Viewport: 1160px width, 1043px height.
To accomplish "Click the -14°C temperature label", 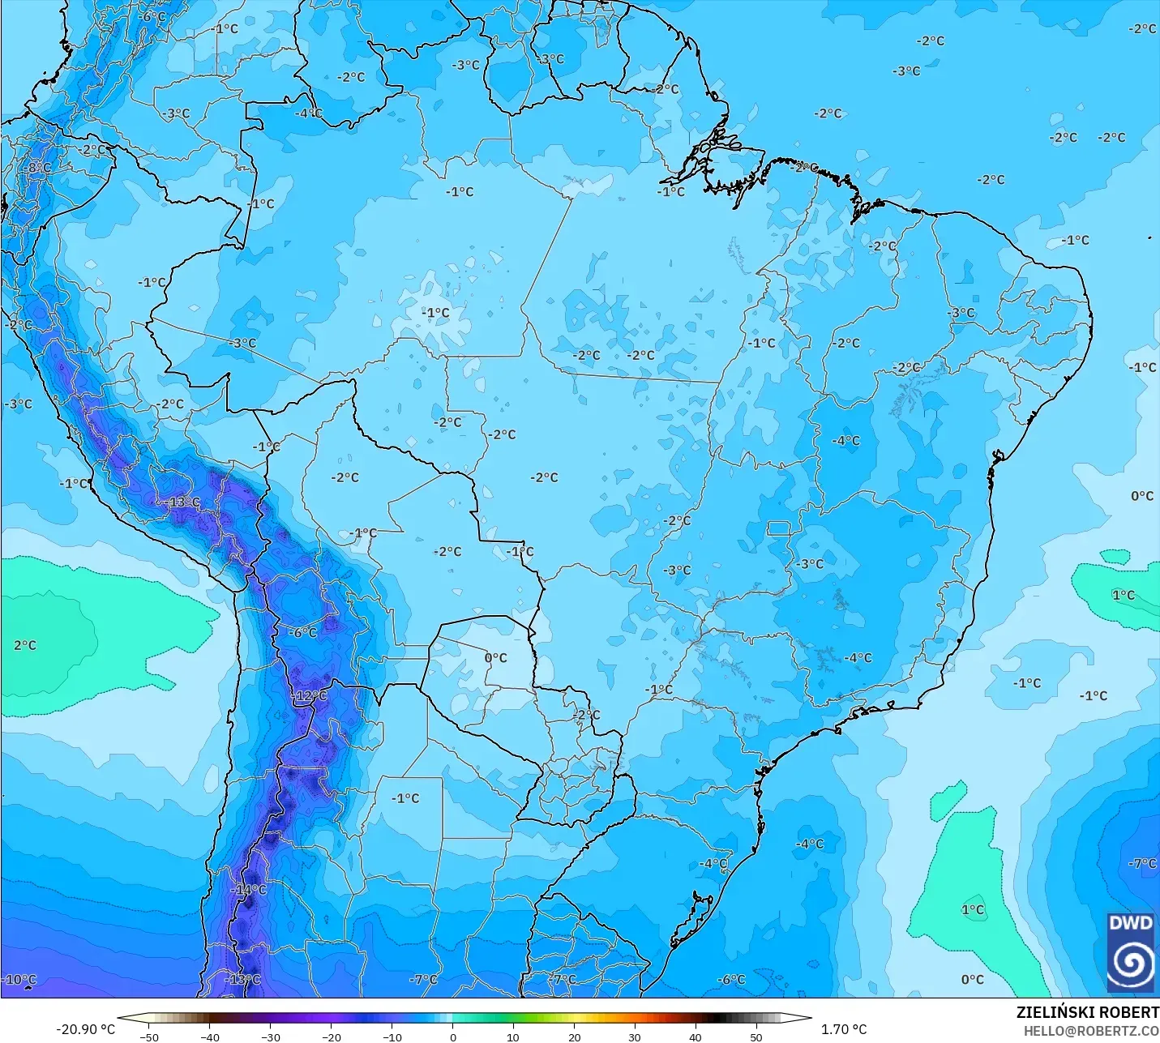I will pyautogui.click(x=249, y=889).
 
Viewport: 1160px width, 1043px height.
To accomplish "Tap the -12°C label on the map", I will pyautogui.click(x=310, y=696).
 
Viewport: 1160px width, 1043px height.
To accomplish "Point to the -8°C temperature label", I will pyautogui.click(x=37, y=168).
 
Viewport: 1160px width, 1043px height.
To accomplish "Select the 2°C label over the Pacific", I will pyautogui.click(x=25, y=645).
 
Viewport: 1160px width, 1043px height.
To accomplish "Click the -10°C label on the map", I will pyautogui.click(x=19, y=979).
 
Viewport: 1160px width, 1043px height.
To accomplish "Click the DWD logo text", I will pyautogui.click(x=1130, y=923).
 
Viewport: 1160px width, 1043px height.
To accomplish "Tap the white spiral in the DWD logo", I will pyautogui.click(x=1130, y=963).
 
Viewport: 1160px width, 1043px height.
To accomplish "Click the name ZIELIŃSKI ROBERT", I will pyautogui.click(x=1087, y=1012).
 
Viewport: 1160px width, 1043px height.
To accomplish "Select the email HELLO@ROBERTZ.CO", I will pyautogui.click(x=1090, y=1031).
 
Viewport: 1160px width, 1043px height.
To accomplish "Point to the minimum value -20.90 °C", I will pyautogui.click(x=85, y=1029).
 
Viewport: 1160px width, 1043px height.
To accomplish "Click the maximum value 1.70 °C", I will pyautogui.click(x=844, y=1029).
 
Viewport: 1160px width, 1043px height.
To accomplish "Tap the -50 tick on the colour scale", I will pyautogui.click(x=149, y=1037).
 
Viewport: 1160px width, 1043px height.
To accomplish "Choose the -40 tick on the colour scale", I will pyautogui.click(x=210, y=1037).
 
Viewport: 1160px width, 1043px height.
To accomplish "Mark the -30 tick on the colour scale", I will pyautogui.click(x=271, y=1037).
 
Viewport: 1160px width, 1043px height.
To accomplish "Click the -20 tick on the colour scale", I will pyautogui.click(x=332, y=1037).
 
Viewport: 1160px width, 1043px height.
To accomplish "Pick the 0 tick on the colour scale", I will pyautogui.click(x=452, y=1037).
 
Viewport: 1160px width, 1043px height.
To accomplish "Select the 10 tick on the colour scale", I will pyautogui.click(x=513, y=1037).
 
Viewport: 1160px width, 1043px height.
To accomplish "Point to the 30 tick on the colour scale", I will pyautogui.click(x=635, y=1037).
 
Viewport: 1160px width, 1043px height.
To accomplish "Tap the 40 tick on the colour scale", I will pyautogui.click(x=696, y=1037).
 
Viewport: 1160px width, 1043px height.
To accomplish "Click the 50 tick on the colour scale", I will pyautogui.click(x=756, y=1037).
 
